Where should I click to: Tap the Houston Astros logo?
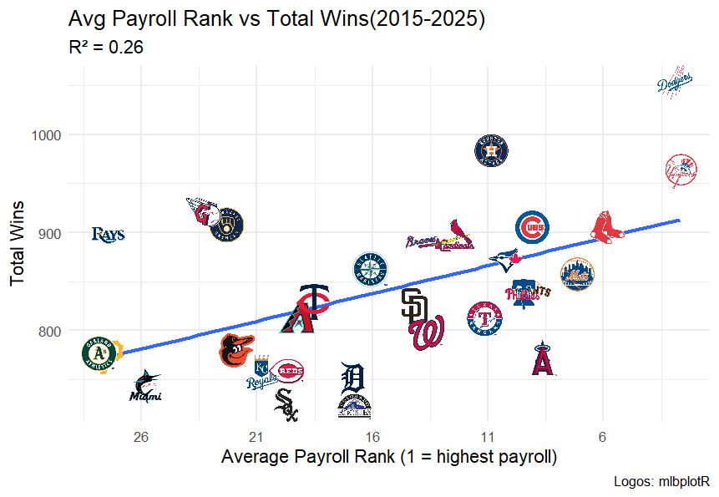[491, 150]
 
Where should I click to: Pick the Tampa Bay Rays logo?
[108, 235]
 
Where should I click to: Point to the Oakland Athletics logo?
[100, 354]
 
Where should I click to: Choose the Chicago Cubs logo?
[532, 227]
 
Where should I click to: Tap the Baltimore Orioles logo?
[235, 351]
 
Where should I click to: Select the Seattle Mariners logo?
[370, 268]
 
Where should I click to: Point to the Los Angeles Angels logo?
[543, 358]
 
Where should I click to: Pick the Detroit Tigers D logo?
[353, 378]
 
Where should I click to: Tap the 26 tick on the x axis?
[140, 437]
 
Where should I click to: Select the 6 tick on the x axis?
[602, 437]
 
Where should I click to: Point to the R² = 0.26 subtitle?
[106, 48]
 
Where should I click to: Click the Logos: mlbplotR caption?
[661, 482]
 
